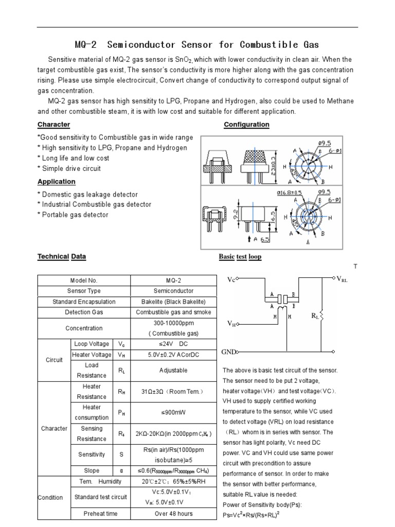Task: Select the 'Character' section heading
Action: coord(53,125)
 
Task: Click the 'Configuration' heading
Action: coord(246,125)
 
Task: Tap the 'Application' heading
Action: coord(56,182)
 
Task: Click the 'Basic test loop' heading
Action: coord(240,256)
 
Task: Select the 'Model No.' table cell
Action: coord(83,280)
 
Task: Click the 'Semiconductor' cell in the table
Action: coord(173,291)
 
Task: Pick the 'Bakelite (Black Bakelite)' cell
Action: coord(173,302)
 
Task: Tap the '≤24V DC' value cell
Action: coord(173,344)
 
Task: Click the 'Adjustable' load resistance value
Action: coord(173,370)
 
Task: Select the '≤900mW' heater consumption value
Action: coord(173,412)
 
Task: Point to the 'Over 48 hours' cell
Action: coord(173,513)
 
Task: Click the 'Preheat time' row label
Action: coord(100,513)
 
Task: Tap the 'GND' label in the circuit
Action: coord(228,352)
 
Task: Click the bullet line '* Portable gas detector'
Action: coord(73,215)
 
